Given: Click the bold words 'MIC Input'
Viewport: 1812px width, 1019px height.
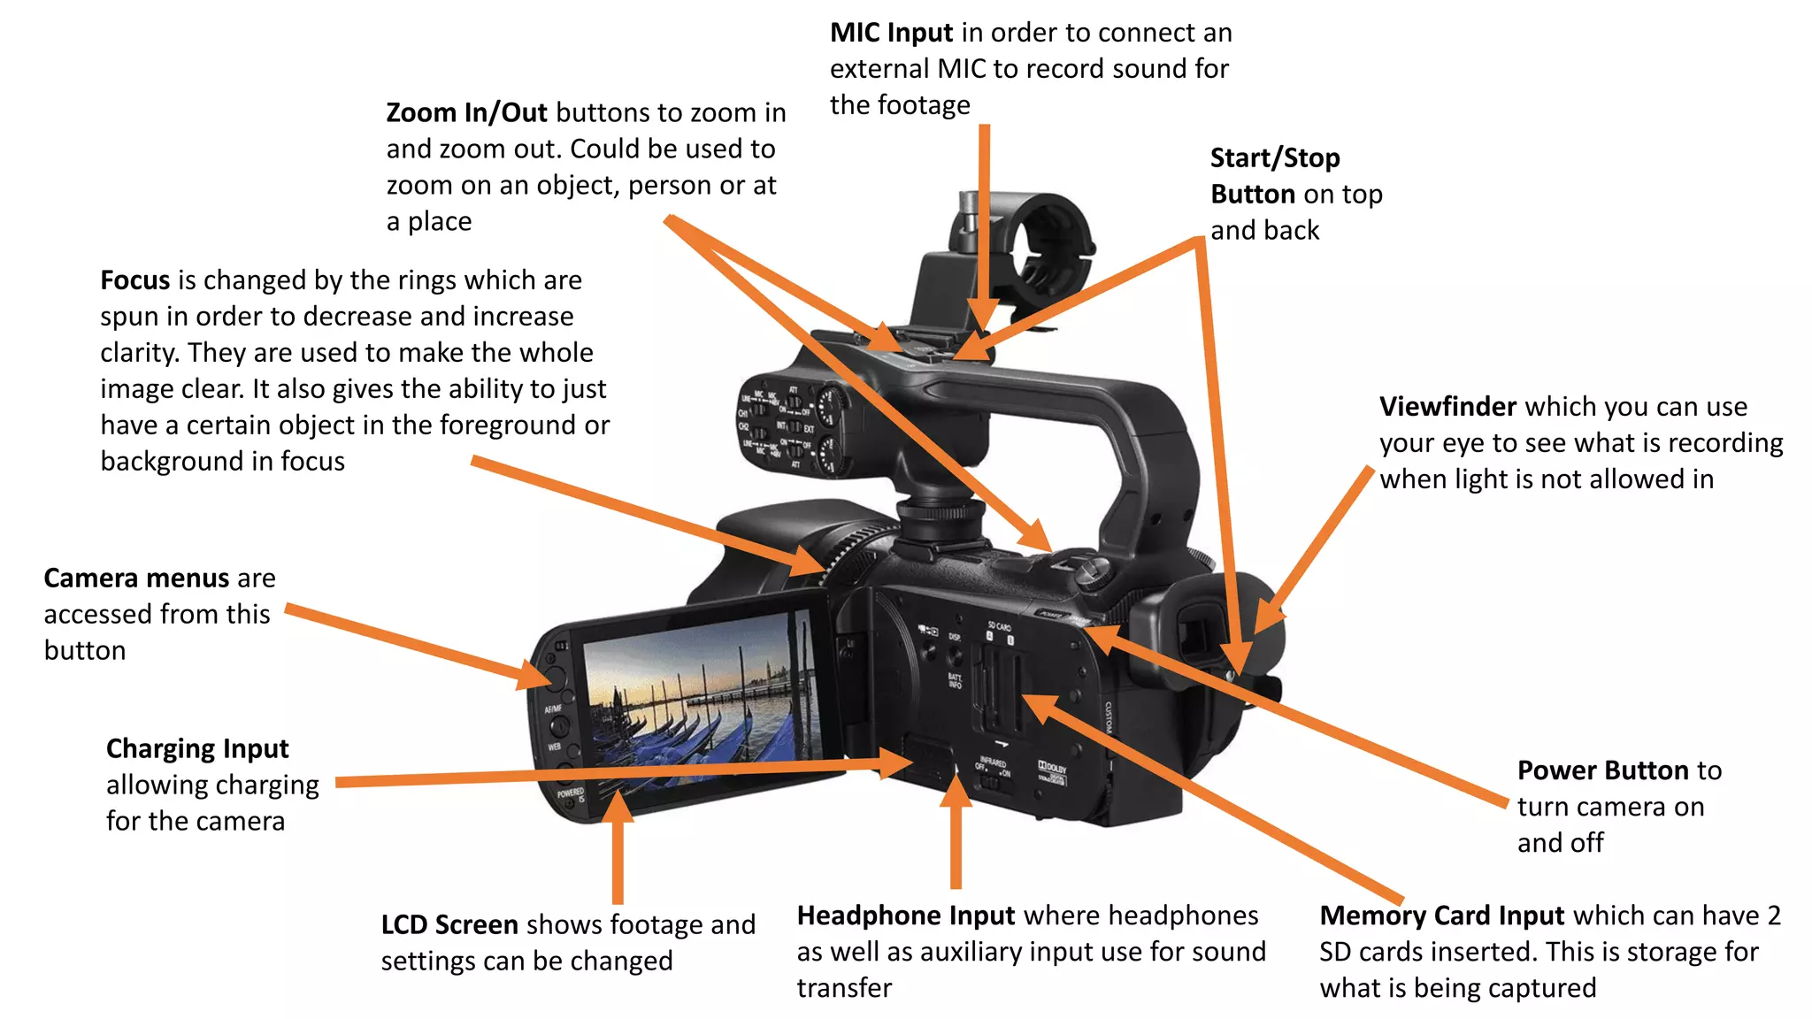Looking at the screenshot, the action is pyautogui.click(x=891, y=33).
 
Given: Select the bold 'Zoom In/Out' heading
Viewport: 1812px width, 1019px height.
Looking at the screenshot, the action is pyautogui.click(x=467, y=113).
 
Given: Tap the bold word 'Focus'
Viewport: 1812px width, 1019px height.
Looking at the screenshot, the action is pyautogui.click(x=134, y=280).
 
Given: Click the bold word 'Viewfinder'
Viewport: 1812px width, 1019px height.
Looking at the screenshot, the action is pyautogui.click(x=1448, y=407).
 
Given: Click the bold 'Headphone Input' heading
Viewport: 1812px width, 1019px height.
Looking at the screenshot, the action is pyautogui.click(x=905, y=916).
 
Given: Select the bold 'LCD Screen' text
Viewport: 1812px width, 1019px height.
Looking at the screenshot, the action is pyautogui.click(x=449, y=925).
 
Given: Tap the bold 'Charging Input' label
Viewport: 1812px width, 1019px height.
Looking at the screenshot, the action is pyautogui.click(x=197, y=749).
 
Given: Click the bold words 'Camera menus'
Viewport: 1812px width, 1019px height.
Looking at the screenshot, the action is pyautogui.click(x=136, y=578).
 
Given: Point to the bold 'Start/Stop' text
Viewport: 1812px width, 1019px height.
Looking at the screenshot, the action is pyautogui.click(x=1275, y=158).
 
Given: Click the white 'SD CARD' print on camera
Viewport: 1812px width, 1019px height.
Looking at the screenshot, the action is pyautogui.click(x=1000, y=626).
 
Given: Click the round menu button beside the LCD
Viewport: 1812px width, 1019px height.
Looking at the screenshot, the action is pyautogui.click(x=555, y=678).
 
